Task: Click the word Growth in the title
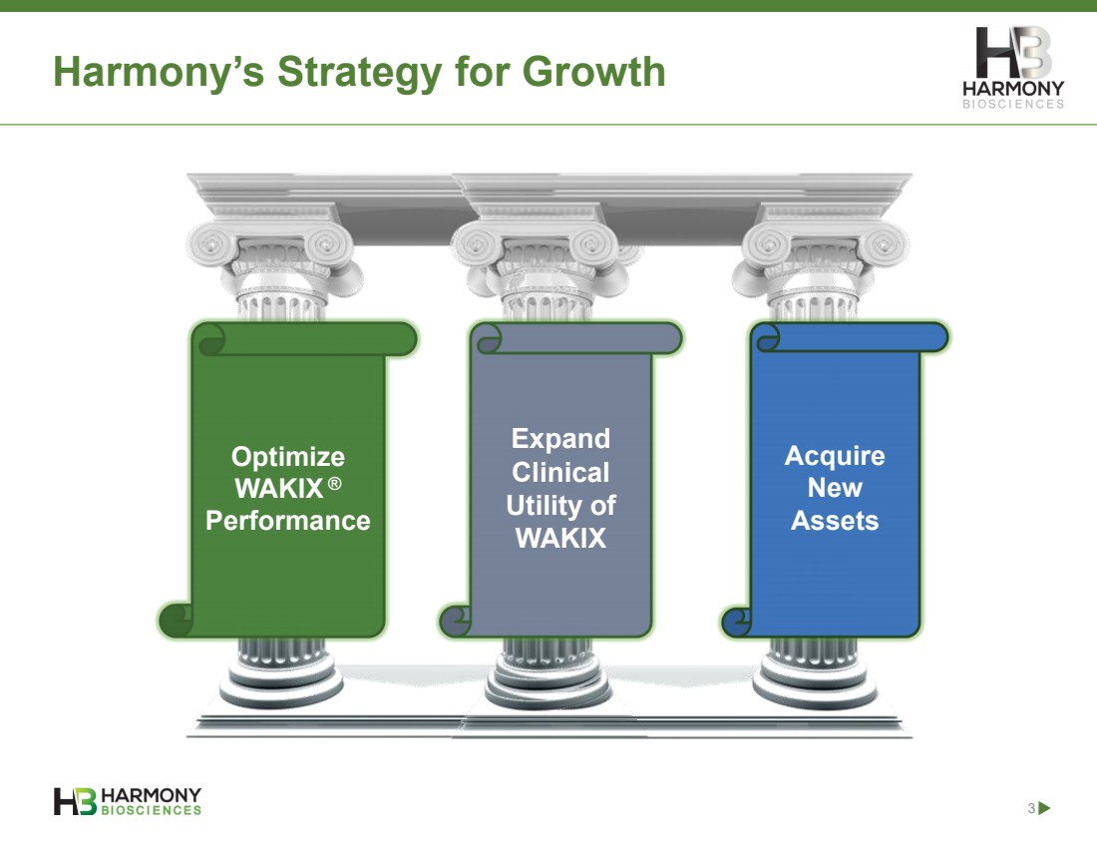coord(593,72)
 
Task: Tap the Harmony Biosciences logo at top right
coord(1013,67)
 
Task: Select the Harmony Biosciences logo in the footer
coord(128,801)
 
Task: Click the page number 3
coord(1031,808)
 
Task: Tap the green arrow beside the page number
coord(1044,808)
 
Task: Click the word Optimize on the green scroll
coord(288,457)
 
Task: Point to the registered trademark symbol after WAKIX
coord(334,483)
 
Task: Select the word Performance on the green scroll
coord(288,521)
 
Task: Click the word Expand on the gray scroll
coord(561,439)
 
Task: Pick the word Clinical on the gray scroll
coord(561,473)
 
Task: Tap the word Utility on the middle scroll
coord(538,506)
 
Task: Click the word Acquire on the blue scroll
coord(835,456)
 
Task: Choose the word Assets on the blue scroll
coord(835,521)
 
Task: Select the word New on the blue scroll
coord(835,488)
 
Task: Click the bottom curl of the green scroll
coord(176,621)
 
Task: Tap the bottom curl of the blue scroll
coord(736,622)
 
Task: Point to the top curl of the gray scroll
coord(488,339)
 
